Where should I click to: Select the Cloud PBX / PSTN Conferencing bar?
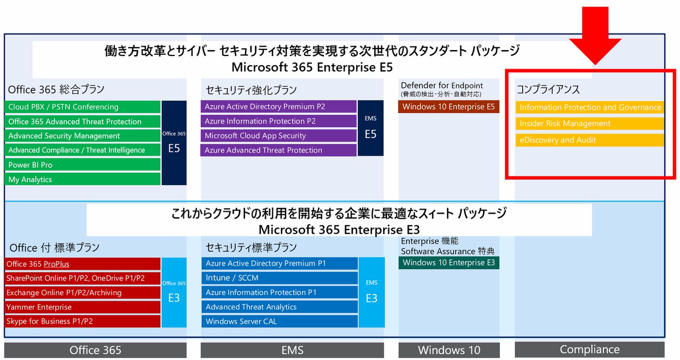82,107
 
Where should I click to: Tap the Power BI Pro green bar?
82,165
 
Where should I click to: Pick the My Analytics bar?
82,179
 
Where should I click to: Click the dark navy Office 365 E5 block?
174,143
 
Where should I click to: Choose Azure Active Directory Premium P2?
278,107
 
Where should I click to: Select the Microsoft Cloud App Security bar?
278,135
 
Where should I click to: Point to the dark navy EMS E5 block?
371,128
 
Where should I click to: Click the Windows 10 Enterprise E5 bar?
449,107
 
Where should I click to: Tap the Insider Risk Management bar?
589,124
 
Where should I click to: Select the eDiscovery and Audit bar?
589,140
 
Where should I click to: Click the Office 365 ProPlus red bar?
82,264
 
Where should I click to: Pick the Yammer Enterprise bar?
82,307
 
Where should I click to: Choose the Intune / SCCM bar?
279,278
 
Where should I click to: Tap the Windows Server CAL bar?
279,321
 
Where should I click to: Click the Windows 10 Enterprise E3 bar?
449,263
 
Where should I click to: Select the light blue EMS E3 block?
372,292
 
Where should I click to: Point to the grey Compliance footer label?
589,349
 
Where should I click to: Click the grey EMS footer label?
292,350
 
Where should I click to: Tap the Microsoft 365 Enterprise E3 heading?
339,230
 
